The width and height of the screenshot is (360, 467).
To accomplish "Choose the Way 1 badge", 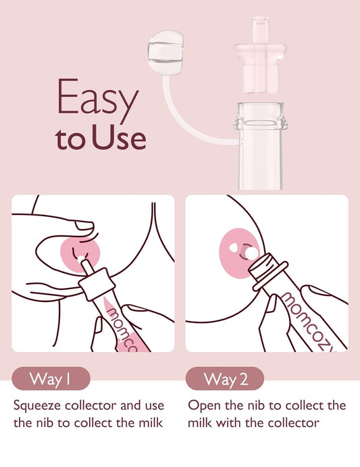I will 51,379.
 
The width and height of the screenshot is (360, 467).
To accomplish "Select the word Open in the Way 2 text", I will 203,407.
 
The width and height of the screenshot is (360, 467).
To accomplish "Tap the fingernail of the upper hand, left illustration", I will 84,225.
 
